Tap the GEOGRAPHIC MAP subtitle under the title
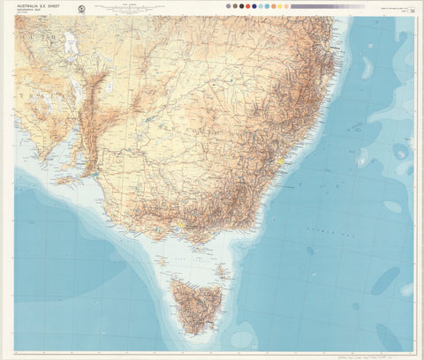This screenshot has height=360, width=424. (35, 11)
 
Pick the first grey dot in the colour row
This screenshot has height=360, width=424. (228, 6)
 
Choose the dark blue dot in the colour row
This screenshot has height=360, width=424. (255, 6)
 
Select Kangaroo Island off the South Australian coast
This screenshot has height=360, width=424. (64, 180)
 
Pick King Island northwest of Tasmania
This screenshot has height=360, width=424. (159, 260)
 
